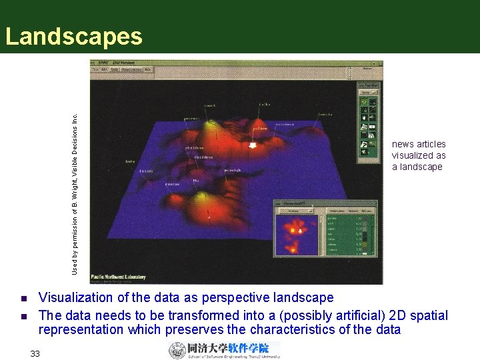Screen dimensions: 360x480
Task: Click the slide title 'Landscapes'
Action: (73, 36)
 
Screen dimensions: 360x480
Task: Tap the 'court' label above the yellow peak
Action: (209, 105)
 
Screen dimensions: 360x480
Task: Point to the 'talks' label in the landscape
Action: (265, 104)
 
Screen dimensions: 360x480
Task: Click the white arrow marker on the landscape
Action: (253, 145)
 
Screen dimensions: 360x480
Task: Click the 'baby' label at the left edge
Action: (130, 161)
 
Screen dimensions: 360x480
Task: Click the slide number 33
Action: (35, 353)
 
